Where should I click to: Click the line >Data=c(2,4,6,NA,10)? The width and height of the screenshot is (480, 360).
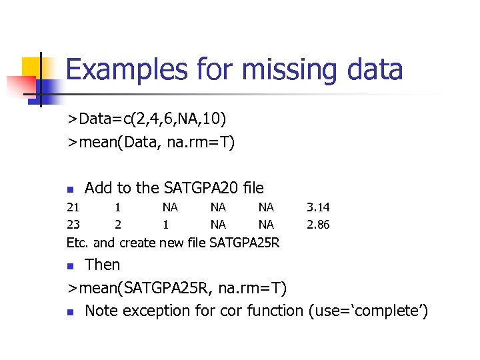tap(147, 119)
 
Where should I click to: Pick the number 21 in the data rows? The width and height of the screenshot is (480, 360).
tap(73, 208)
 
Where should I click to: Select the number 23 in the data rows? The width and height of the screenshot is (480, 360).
tap(73, 225)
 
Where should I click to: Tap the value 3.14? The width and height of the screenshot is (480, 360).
tap(318, 208)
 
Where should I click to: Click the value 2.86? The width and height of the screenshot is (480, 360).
tap(318, 225)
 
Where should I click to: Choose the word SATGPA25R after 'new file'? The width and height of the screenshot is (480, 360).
tap(244, 243)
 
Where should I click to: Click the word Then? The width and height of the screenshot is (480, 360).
tap(103, 265)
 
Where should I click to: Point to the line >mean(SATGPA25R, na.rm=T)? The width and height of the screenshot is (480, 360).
tap(177, 288)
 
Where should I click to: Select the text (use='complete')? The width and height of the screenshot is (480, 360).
tap(366, 311)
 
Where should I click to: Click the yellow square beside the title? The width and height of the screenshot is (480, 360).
tap(33, 67)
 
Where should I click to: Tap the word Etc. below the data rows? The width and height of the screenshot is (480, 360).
tap(78, 243)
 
